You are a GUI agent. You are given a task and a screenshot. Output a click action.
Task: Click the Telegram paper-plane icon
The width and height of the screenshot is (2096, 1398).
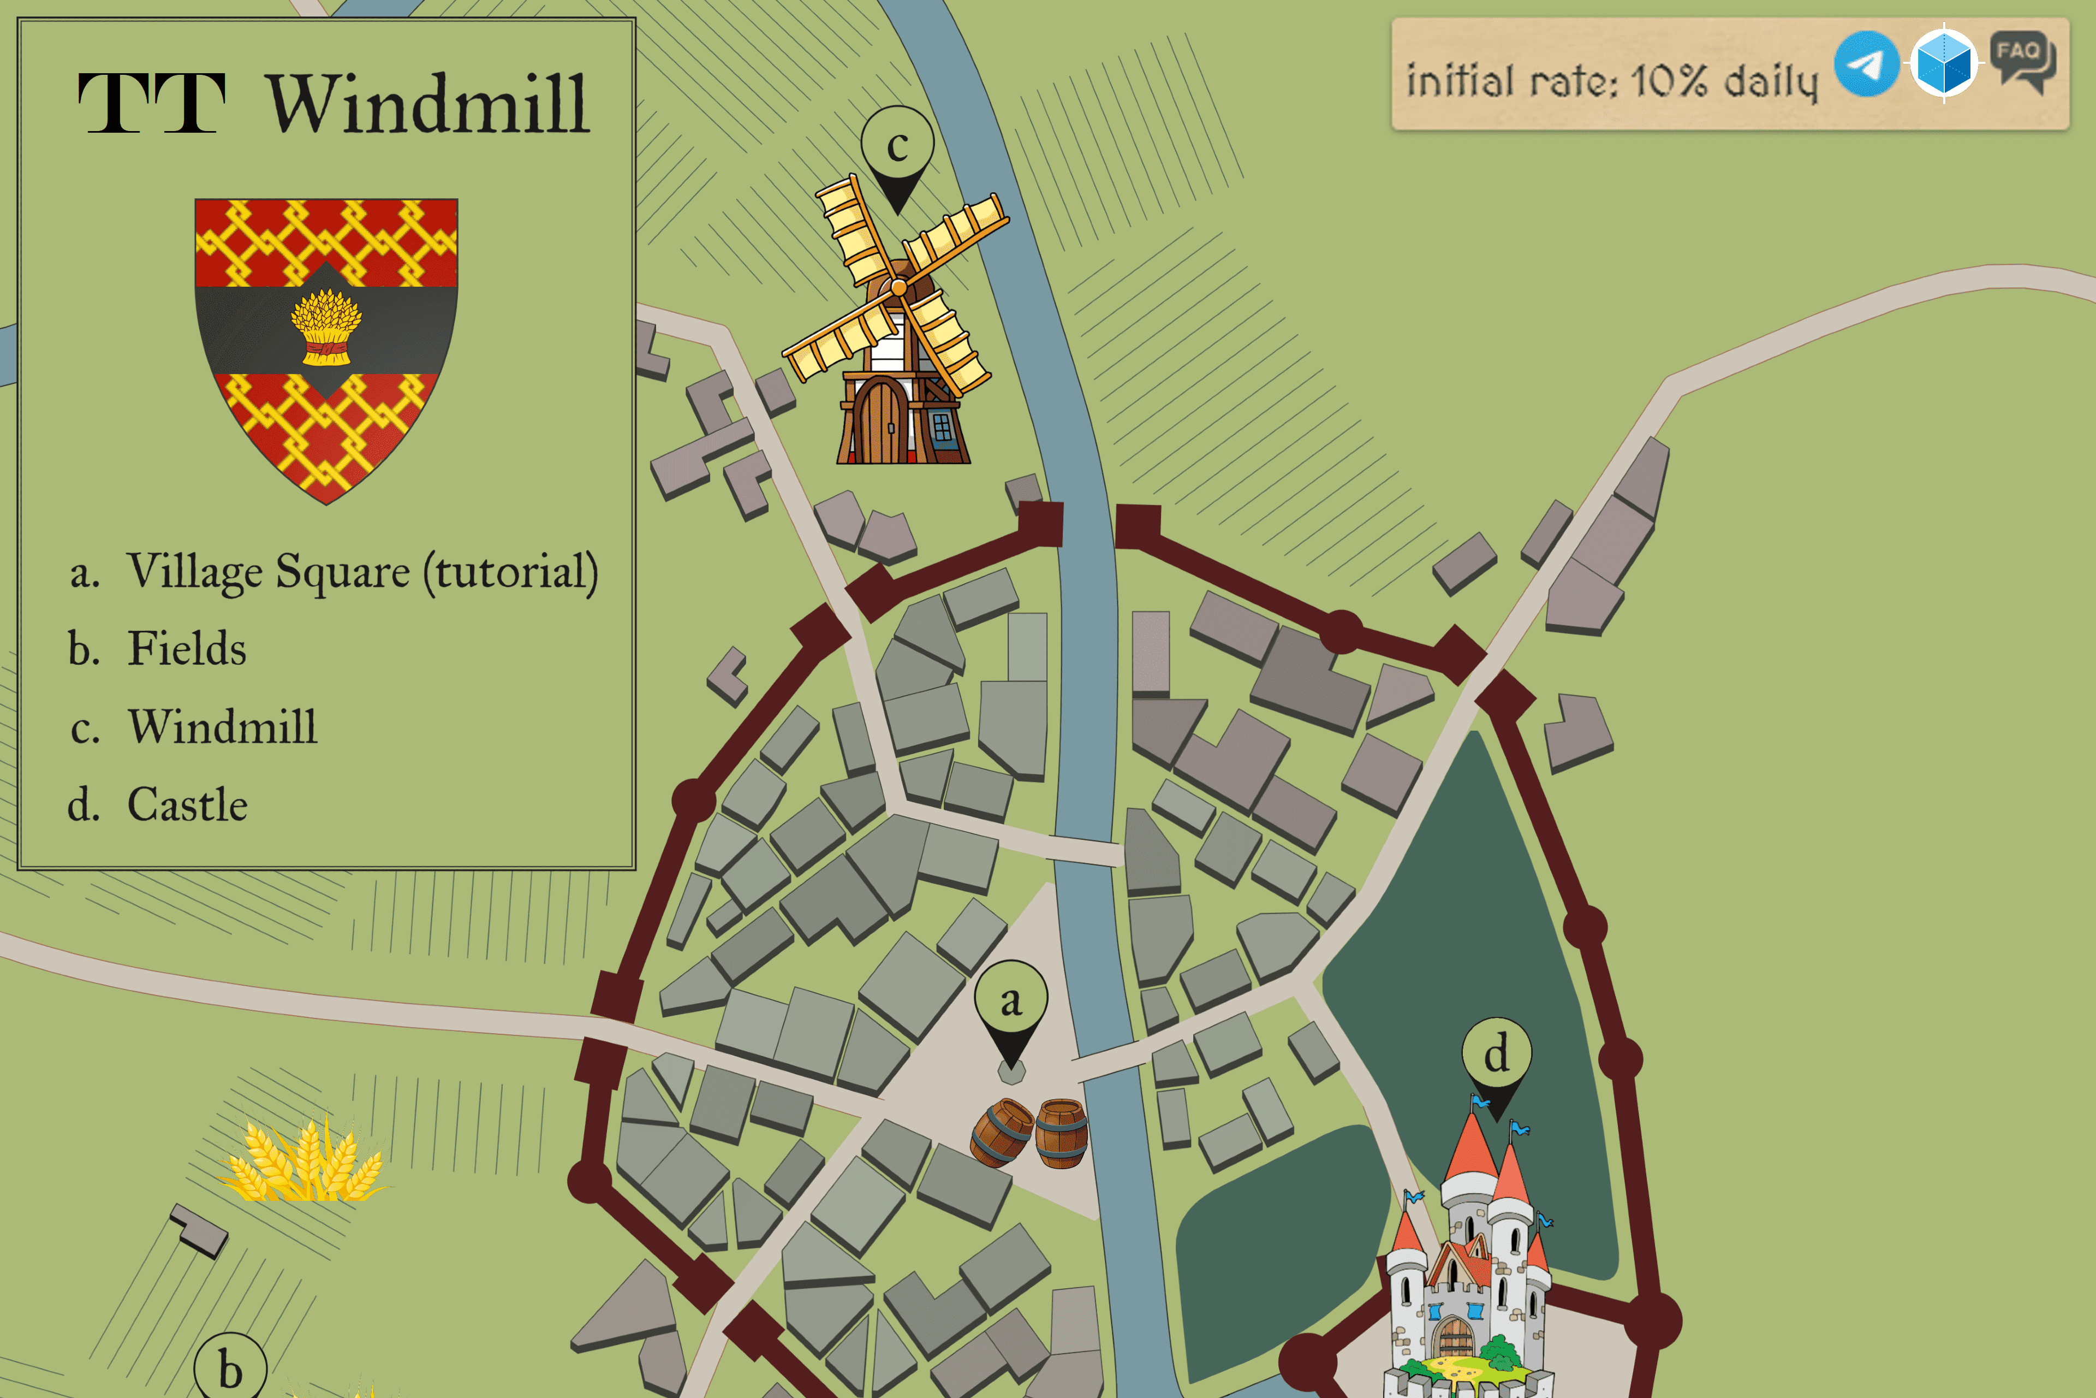(1866, 63)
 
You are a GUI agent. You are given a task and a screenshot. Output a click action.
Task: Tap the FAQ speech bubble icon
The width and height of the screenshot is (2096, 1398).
(2022, 61)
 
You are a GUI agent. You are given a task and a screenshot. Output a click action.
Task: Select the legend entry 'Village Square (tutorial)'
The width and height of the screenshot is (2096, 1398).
(361, 572)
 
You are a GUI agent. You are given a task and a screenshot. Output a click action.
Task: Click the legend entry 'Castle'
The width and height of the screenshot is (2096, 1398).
(187, 805)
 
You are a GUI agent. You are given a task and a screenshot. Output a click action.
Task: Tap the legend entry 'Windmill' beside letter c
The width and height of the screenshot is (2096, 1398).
(222, 727)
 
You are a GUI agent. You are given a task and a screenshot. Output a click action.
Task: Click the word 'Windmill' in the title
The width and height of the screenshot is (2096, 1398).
(428, 105)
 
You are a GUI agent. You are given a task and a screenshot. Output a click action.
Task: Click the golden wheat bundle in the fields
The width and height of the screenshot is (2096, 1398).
(303, 1161)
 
